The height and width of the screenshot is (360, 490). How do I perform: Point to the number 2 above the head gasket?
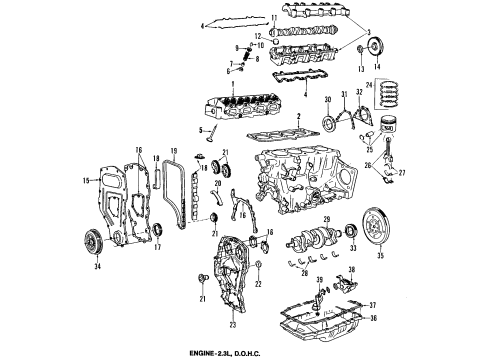click(300, 119)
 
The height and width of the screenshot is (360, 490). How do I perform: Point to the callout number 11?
click(275, 18)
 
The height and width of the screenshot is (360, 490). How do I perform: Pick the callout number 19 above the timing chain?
click(174, 150)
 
